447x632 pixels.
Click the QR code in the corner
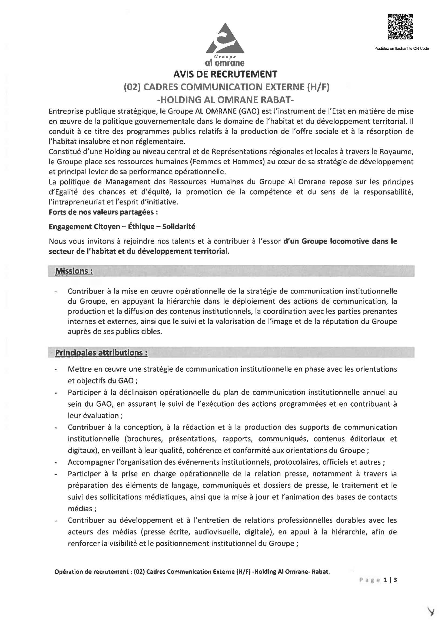point(400,27)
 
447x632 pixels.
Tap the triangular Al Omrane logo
point(225,39)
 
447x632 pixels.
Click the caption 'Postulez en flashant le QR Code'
point(401,48)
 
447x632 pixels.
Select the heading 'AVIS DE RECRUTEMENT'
point(225,74)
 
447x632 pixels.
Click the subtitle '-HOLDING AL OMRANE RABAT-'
point(225,99)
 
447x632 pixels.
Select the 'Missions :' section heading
point(74,271)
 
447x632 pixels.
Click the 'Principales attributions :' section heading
point(101,353)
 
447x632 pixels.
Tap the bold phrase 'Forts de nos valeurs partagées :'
point(103,212)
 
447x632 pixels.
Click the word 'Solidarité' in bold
point(178,226)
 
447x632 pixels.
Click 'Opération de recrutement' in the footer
point(91,572)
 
